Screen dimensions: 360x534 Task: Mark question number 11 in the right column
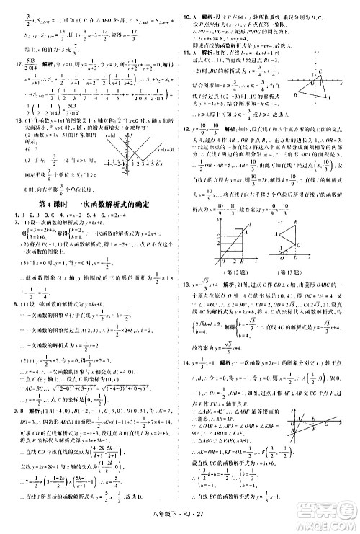point(186,53)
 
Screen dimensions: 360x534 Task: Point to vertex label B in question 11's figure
point(297,95)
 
